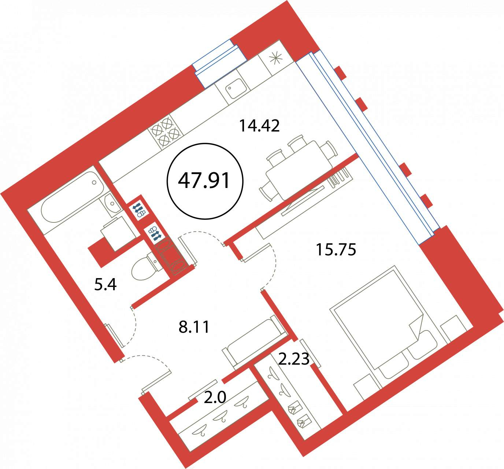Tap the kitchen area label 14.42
[x=259, y=126]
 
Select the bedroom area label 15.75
[x=336, y=250]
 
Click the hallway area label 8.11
[x=194, y=327]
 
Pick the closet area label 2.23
[x=294, y=359]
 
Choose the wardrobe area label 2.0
[x=215, y=398]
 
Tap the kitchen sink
[x=233, y=88]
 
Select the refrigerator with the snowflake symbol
[x=275, y=59]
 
